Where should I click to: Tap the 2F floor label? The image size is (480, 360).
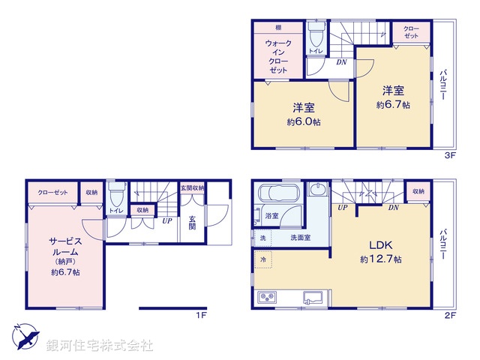click(x=450, y=316)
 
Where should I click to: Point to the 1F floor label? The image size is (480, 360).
click(x=201, y=316)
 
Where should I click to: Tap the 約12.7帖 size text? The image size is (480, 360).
click(x=379, y=259)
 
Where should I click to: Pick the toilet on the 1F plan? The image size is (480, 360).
click(x=116, y=197)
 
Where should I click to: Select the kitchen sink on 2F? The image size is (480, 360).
click(x=312, y=298)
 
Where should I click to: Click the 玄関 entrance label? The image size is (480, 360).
click(x=193, y=223)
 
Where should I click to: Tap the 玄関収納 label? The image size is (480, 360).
click(x=192, y=187)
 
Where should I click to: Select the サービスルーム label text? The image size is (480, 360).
click(x=66, y=247)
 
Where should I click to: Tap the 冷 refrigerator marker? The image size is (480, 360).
click(x=263, y=259)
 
